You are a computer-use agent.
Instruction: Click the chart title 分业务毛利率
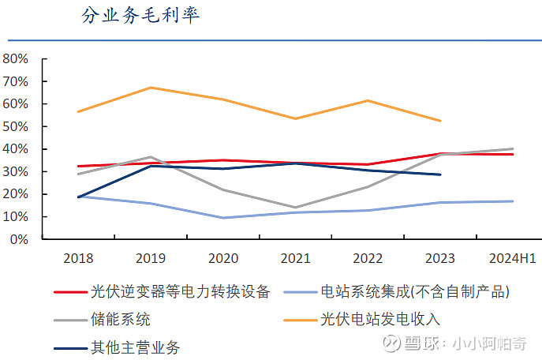point(140,16)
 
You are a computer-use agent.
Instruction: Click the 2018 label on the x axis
point(77,258)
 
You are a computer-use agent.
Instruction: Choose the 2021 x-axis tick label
point(296,258)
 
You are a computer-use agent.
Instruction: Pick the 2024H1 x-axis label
point(513,258)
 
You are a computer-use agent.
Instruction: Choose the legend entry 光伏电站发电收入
point(379,320)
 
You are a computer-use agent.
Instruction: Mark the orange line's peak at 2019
point(151,88)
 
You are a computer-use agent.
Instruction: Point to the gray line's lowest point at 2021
point(296,208)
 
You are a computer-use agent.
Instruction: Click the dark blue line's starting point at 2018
point(78,197)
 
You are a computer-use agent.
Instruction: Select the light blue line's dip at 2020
point(223,218)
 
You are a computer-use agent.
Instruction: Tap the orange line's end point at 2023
point(440,121)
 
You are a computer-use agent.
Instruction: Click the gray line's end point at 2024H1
point(513,148)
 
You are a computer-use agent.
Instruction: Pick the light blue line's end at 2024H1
point(513,201)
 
